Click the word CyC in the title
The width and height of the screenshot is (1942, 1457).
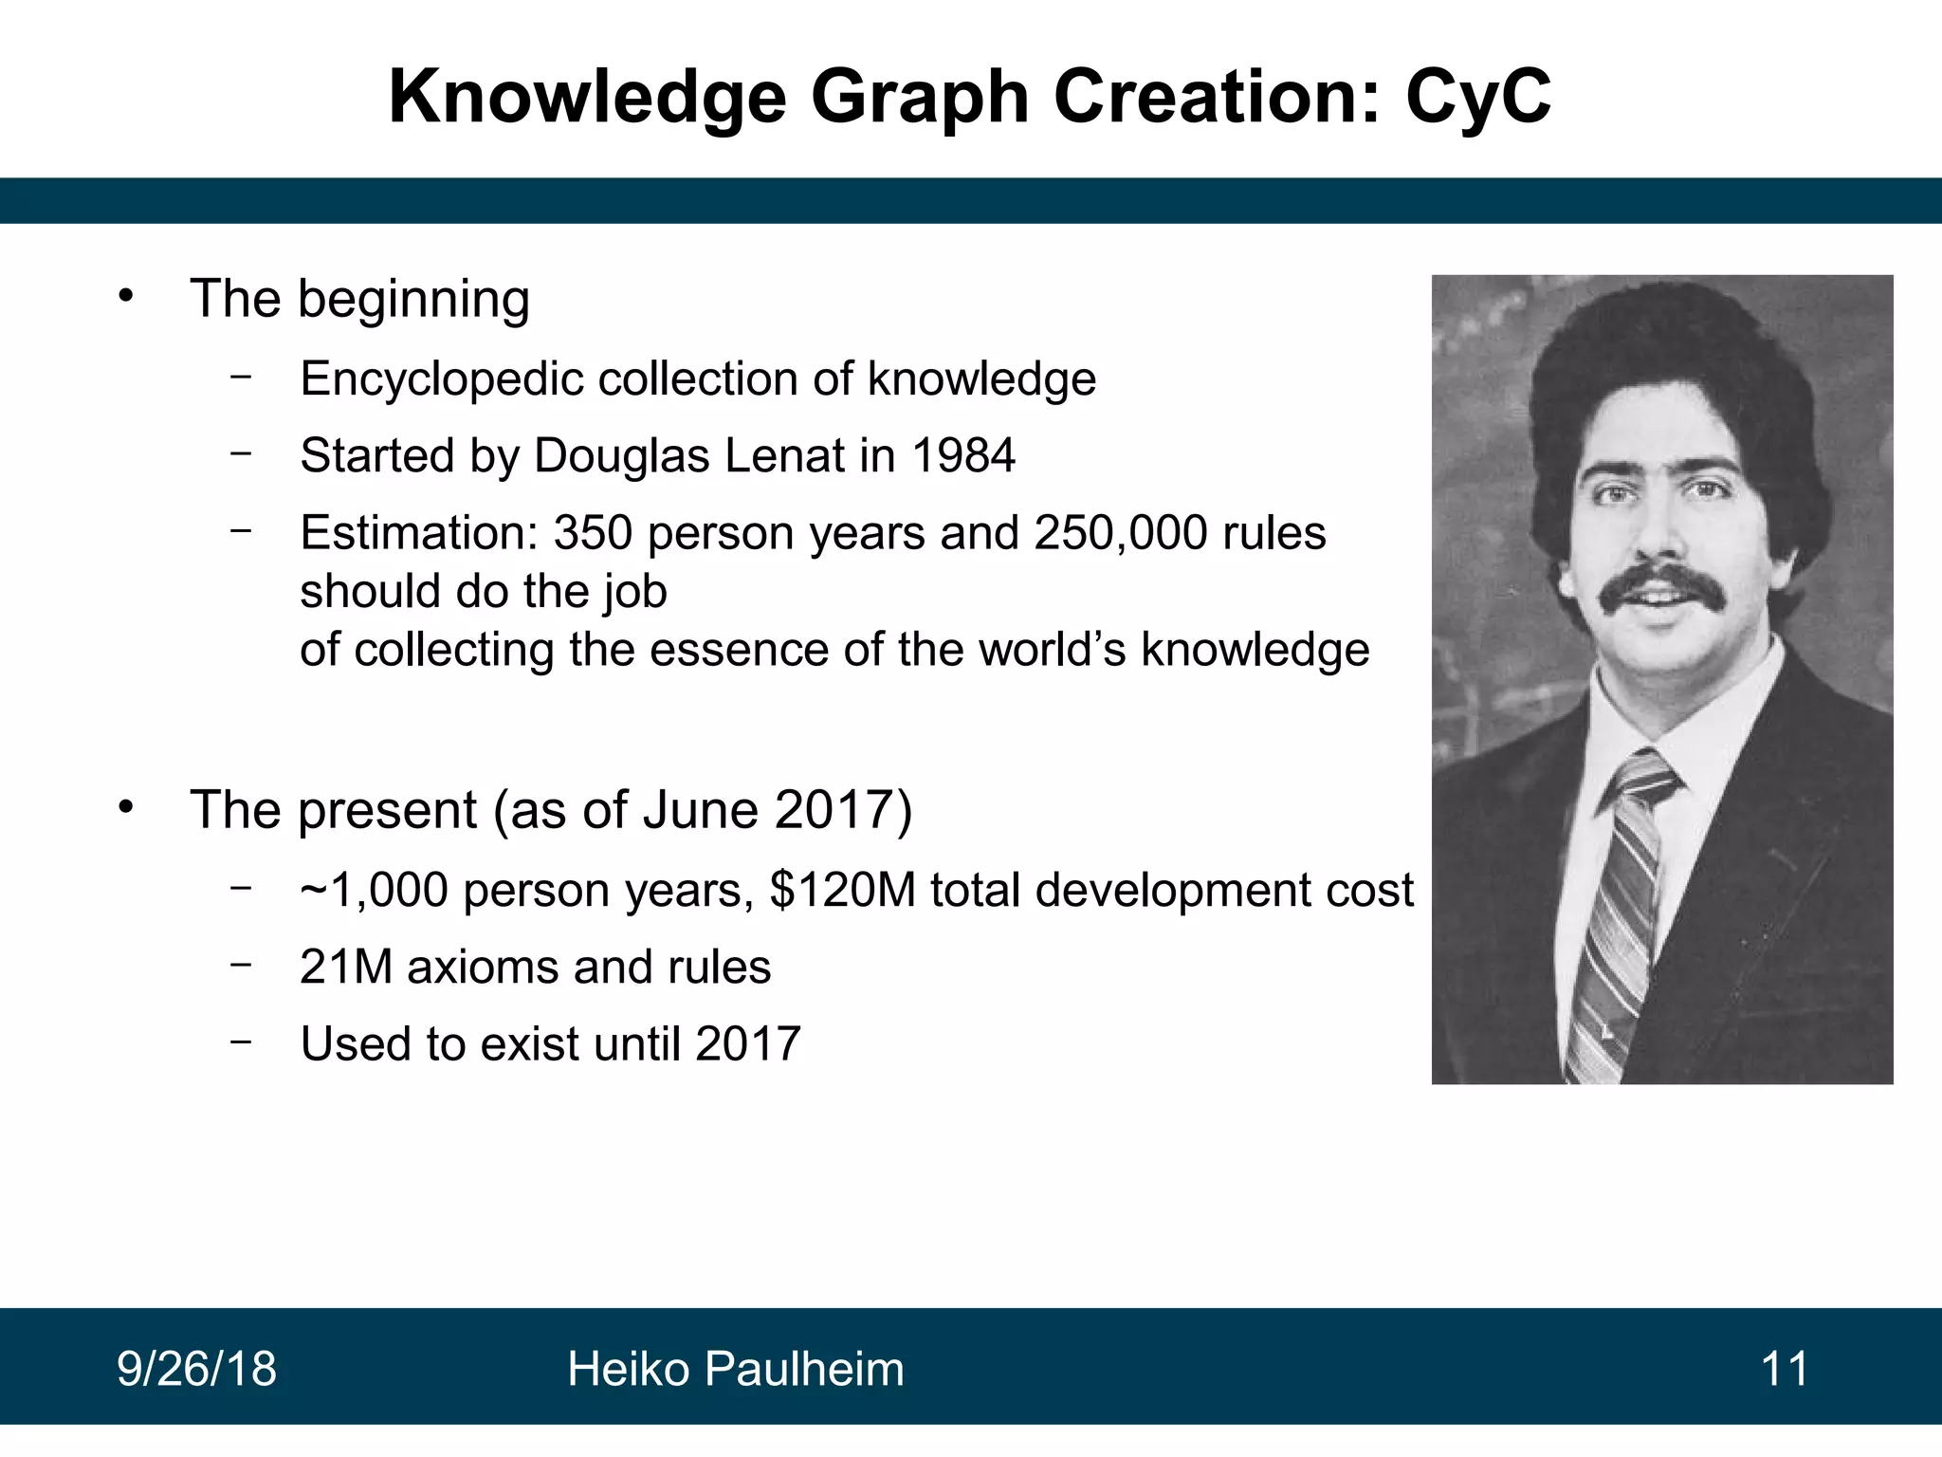click(x=1478, y=98)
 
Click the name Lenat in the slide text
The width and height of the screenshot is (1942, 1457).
click(x=784, y=456)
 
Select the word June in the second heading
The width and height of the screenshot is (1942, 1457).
click(x=700, y=811)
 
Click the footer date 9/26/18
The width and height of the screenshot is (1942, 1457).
click(x=196, y=1370)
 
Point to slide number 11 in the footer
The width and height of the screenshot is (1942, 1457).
click(x=1784, y=1370)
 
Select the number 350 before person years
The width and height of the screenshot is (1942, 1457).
click(x=593, y=533)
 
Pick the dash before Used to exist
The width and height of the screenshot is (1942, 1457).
click(x=241, y=1042)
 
